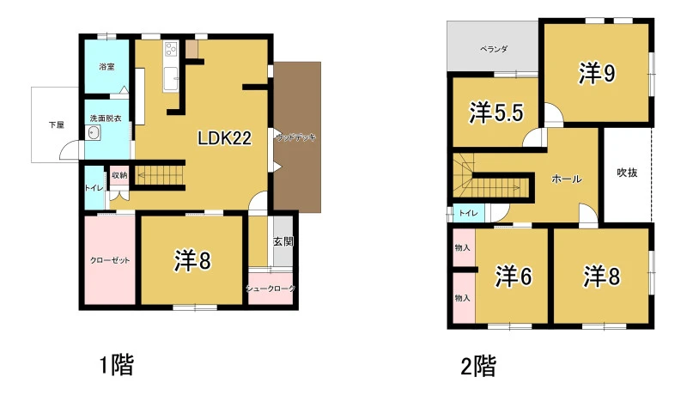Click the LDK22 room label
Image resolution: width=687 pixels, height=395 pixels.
tap(224, 138)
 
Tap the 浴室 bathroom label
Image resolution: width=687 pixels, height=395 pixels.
tap(106, 67)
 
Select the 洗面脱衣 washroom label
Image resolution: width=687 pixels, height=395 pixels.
tap(106, 118)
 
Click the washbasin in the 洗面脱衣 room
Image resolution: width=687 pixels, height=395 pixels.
tap(94, 133)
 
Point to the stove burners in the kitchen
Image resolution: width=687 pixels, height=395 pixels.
tap(170, 49)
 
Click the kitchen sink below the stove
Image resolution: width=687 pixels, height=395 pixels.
tap(170, 79)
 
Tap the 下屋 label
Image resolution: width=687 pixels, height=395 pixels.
tap(57, 125)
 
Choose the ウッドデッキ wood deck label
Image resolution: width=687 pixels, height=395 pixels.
tap(296, 137)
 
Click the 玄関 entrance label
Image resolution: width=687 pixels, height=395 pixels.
tap(283, 241)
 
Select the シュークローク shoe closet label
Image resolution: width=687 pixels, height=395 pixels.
tap(271, 289)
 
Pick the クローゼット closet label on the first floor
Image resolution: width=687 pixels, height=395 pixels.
tap(110, 260)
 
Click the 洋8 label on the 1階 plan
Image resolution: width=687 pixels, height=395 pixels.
tap(192, 261)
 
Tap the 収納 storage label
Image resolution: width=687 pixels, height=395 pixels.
tap(119, 175)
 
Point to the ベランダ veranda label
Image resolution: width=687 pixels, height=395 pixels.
tap(494, 49)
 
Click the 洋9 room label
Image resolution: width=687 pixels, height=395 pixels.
tap(597, 73)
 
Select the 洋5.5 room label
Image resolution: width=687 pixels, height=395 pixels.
tap(496, 112)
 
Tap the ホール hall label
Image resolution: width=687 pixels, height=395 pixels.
tap(567, 179)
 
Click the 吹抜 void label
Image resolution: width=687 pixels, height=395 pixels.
tap(627, 173)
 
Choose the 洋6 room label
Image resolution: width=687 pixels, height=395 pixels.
tap(514, 276)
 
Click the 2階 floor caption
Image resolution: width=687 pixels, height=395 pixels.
tap(478, 367)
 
